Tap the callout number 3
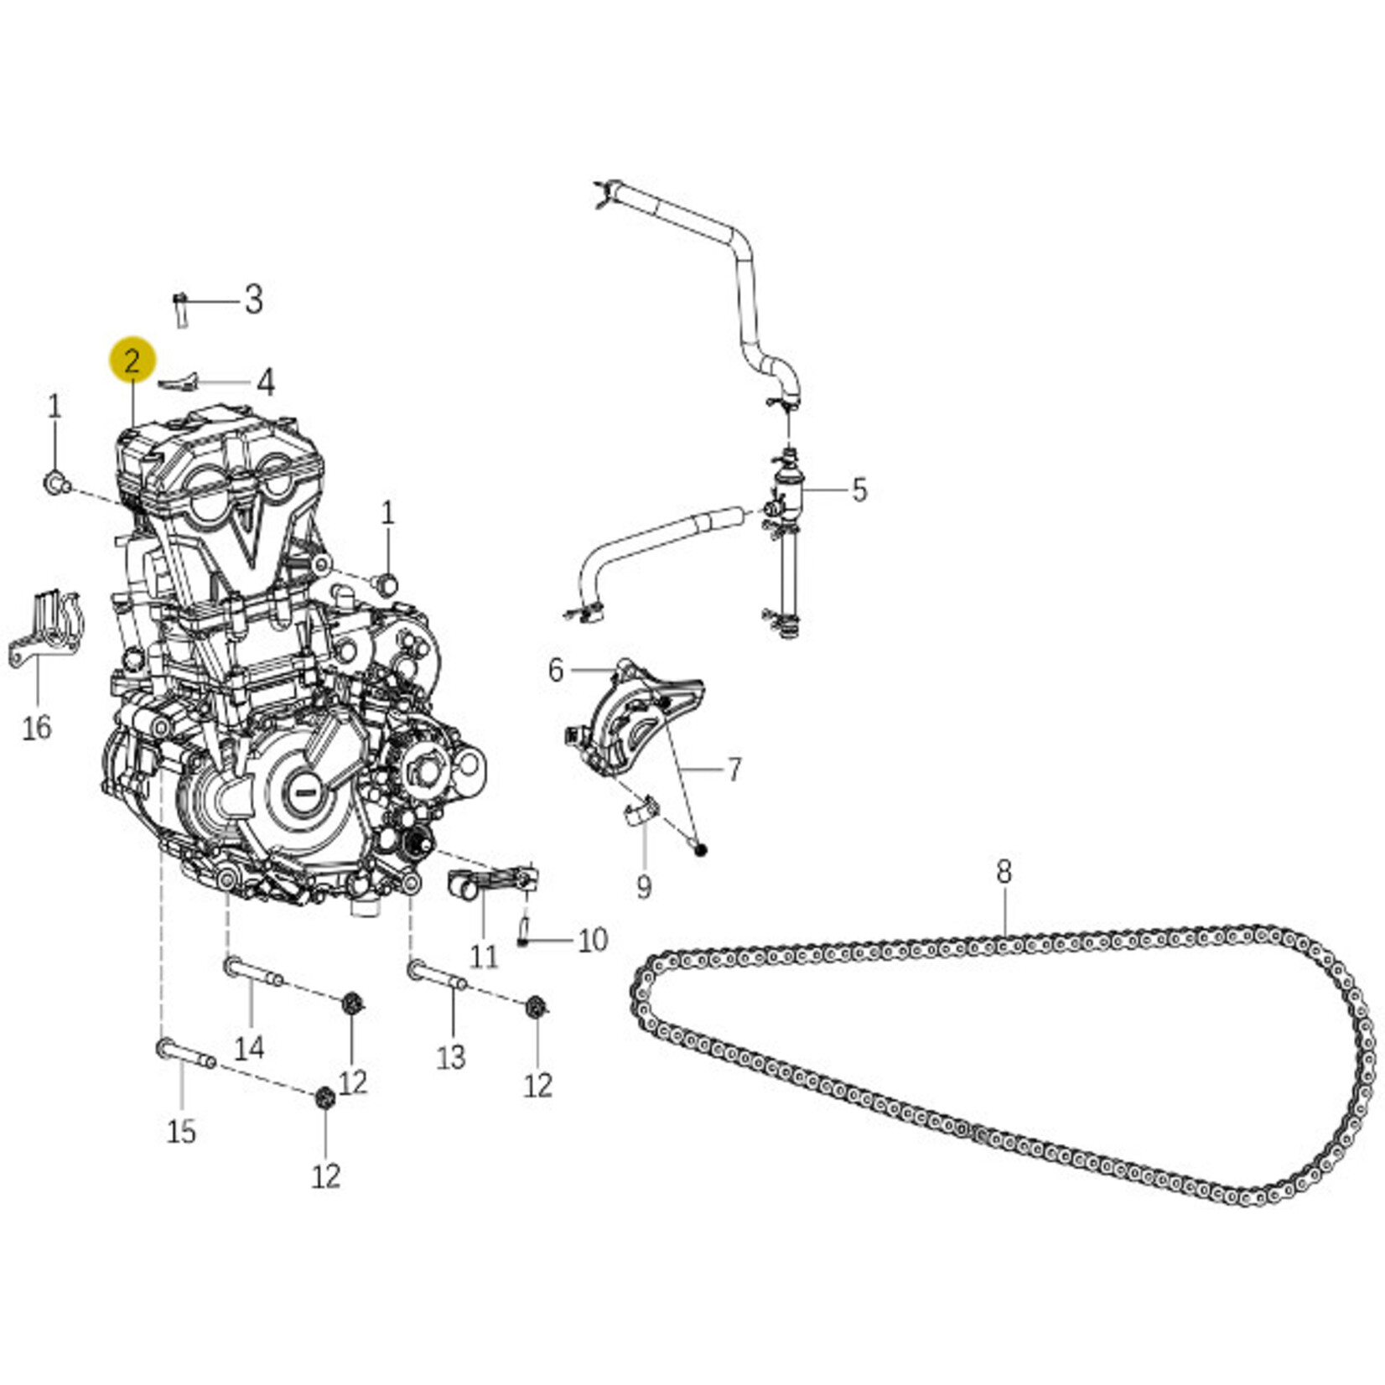253,300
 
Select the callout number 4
265,382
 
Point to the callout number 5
859,490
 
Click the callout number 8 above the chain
1004,871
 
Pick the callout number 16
37,727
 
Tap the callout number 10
593,940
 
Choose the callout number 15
181,1131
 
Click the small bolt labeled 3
180,309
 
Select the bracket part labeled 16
46,630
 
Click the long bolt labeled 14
254,973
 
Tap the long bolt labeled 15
186,1055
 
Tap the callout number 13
451,1057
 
